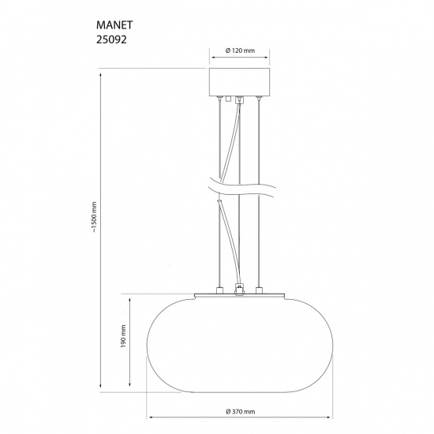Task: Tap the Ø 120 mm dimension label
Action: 238,51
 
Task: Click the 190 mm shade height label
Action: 123,340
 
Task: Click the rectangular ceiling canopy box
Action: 238,82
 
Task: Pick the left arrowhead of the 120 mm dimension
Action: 211,58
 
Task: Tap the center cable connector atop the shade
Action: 239,289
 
